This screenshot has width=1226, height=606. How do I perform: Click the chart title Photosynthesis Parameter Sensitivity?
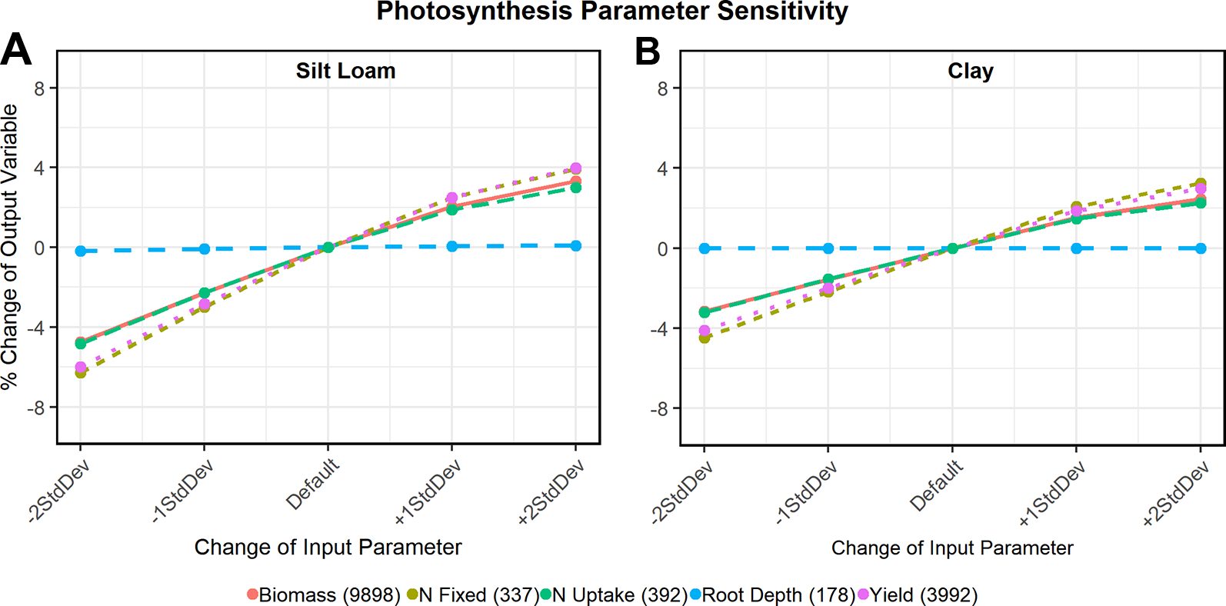pos(612,12)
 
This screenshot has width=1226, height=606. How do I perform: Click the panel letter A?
pos(16,51)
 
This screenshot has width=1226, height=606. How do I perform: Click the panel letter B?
pos(647,52)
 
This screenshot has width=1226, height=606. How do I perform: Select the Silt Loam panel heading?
pos(345,71)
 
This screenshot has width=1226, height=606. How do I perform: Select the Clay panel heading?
pos(970,71)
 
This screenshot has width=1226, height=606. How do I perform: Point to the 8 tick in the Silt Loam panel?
pos(39,88)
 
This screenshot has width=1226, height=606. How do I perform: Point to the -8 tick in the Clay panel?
pos(659,408)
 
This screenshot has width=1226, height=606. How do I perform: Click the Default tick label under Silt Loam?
pos(312,484)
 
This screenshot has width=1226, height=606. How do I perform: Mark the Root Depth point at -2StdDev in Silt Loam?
pos(81,251)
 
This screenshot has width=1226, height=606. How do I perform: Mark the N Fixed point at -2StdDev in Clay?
pos(705,338)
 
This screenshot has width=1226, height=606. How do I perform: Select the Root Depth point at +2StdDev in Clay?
pos(1201,248)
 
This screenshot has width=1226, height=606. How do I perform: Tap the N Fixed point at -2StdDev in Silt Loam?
pos(81,372)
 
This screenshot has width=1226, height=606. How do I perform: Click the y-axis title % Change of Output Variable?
pos(9,246)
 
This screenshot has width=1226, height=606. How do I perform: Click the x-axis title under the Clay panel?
pos(951,548)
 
